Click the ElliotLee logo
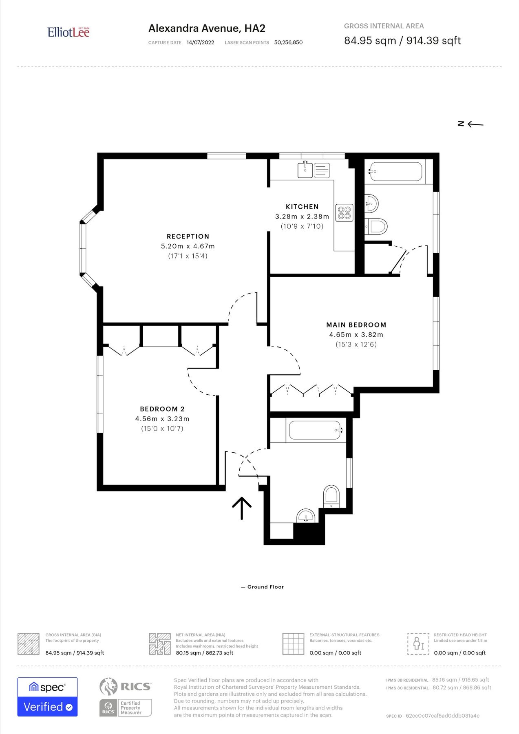(68, 32)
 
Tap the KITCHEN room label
(302, 207)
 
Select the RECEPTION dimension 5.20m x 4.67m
(188, 246)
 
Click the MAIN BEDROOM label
(356, 325)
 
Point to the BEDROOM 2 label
(162, 409)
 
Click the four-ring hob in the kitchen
(344, 213)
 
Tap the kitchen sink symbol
(305, 170)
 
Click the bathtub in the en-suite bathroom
(395, 172)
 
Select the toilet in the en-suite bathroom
(376, 226)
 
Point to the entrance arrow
(242, 508)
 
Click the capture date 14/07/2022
(200, 42)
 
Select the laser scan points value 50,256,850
(288, 42)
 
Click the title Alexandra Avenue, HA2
(207, 28)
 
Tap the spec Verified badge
(47, 697)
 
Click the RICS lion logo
(108, 686)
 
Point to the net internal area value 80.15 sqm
(204, 653)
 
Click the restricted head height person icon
(418, 644)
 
